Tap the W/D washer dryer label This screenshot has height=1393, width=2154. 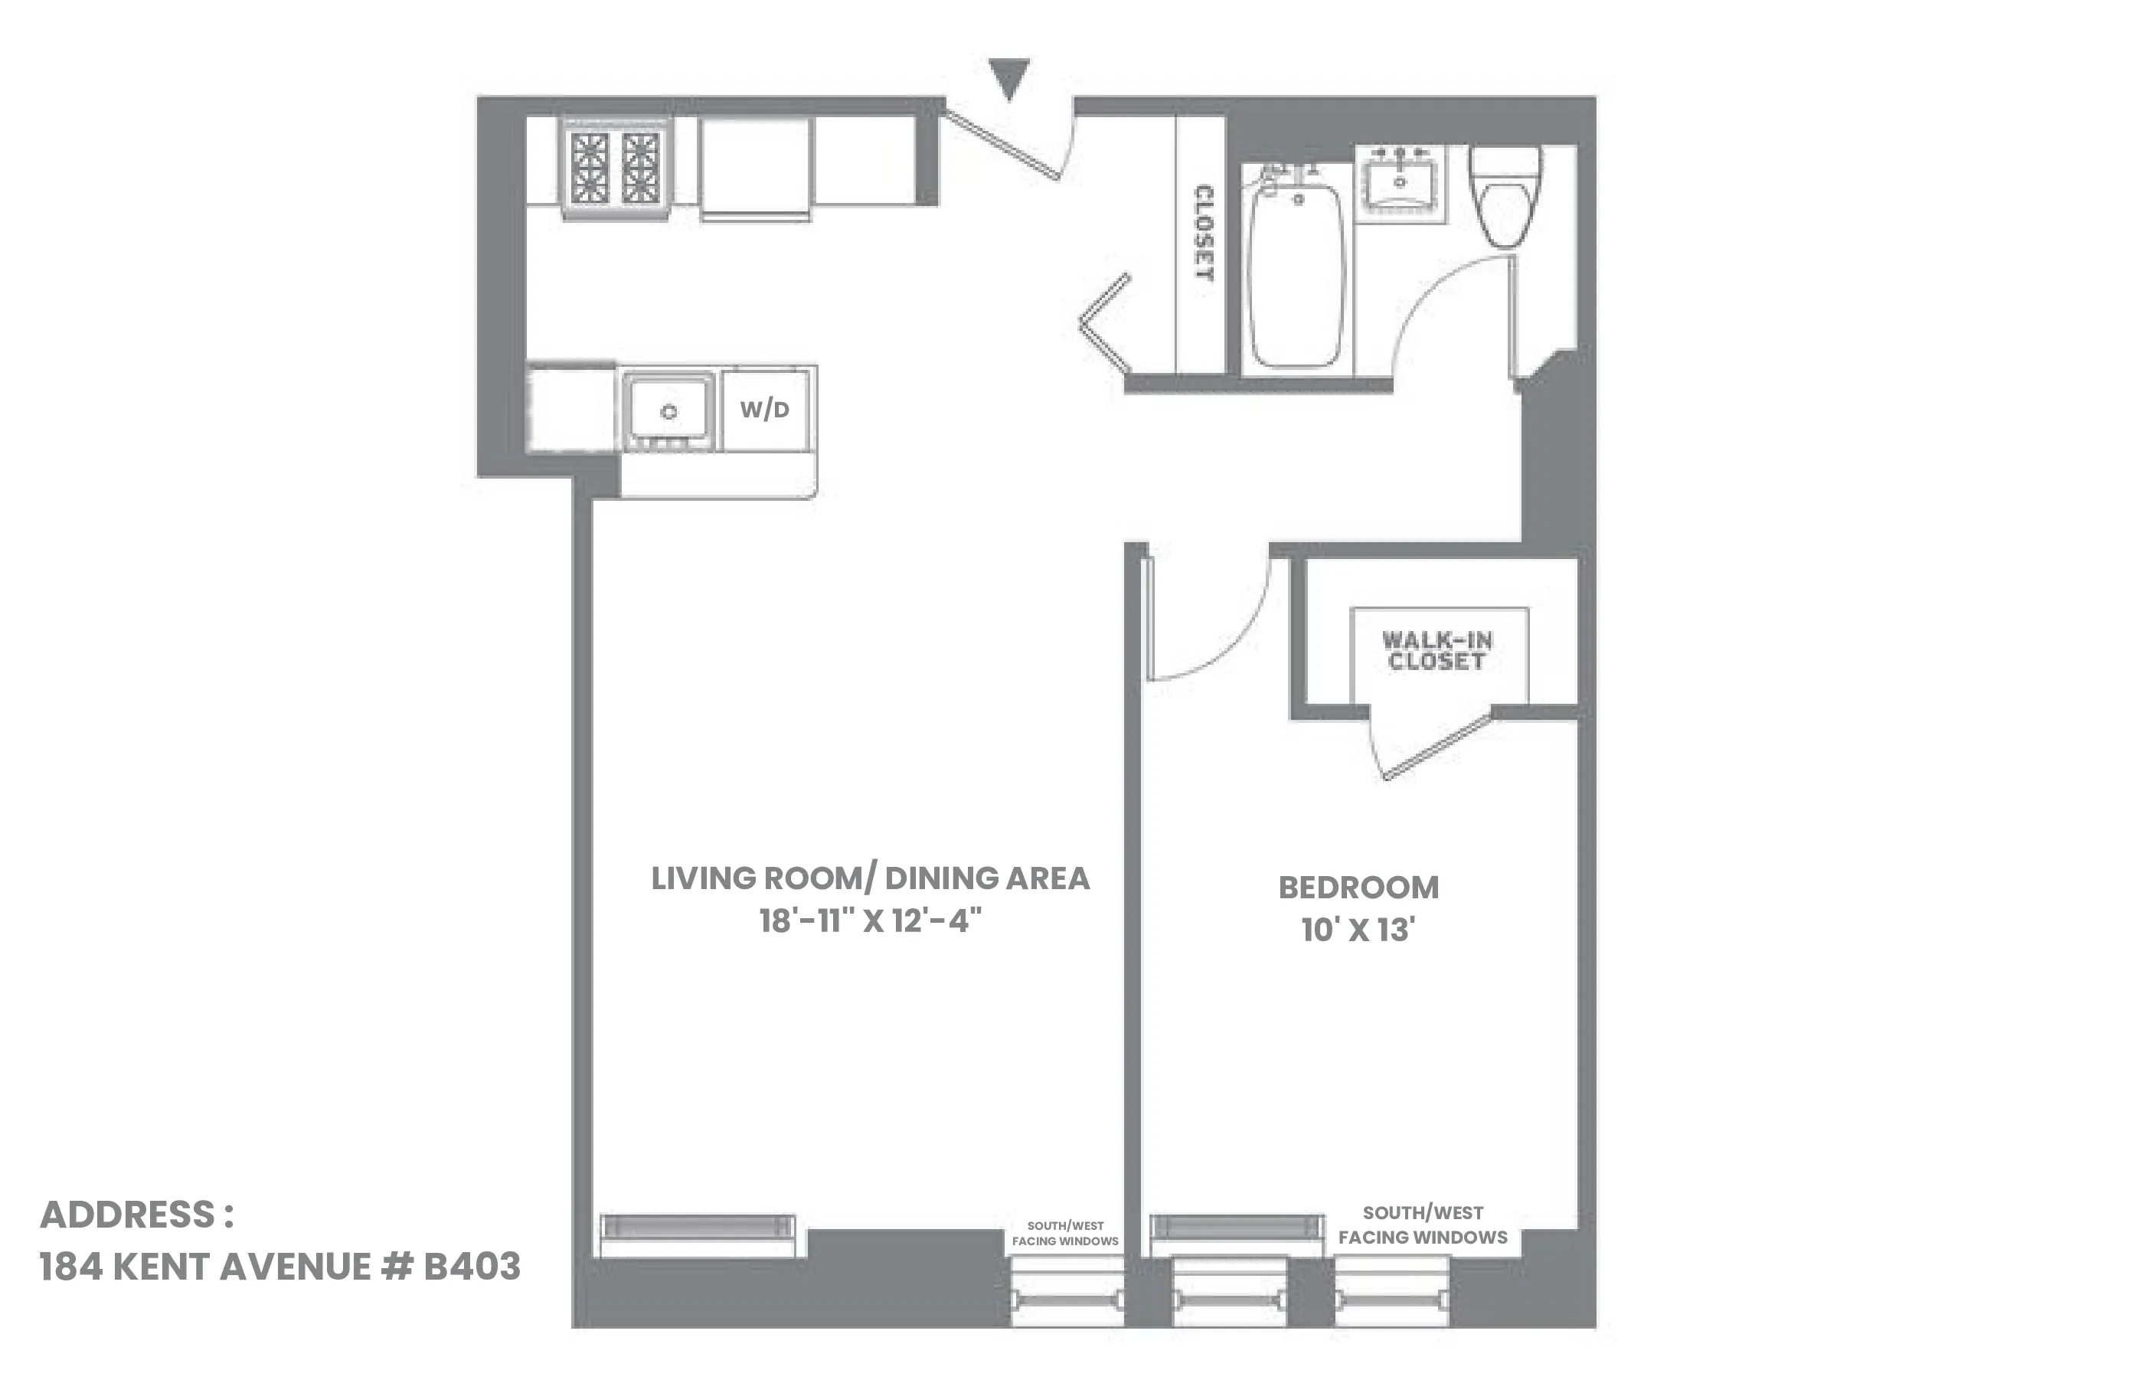click(764, 409)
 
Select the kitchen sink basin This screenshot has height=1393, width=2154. click(668, 409)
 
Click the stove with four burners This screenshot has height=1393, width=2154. click(615, 168)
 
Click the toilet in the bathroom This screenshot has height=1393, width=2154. click(1503, 199)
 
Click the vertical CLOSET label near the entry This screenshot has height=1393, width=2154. click(1204, 233)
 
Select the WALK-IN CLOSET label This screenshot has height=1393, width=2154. click(1437, 650)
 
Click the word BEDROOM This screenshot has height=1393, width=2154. click(1358, 888)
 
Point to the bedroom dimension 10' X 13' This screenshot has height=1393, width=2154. click(1358, 930)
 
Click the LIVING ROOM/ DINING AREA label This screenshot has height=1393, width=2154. click(870, 878)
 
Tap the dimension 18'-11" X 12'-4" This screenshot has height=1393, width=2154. click(870, 920)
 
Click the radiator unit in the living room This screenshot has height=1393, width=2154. click(698, 1227)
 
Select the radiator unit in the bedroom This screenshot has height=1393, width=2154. click(1236, 1227)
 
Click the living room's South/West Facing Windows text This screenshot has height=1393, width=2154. click(1064, 1234)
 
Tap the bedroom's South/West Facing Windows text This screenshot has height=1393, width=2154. click(1423, 1225)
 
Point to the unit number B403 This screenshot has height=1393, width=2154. click(471, 1267)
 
